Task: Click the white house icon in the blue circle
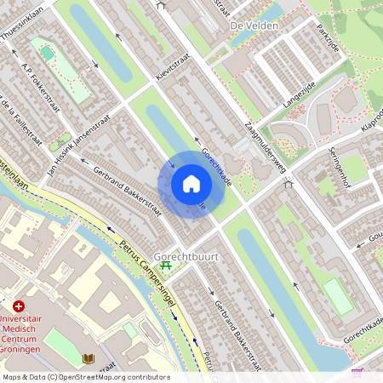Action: click(191, 184)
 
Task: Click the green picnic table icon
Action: click(168, 266)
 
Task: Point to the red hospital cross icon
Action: click(19, 305)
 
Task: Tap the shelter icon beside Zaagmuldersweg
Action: click(288, 182)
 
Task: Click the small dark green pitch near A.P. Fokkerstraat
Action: click(47, 53)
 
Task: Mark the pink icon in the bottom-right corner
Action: click(357, 373)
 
